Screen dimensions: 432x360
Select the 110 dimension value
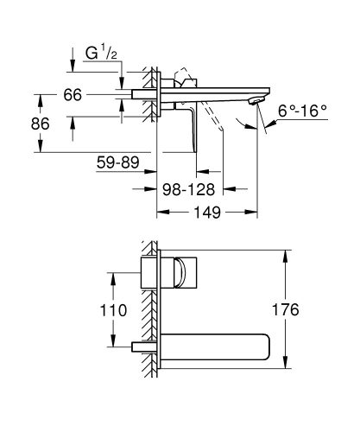pos(113,309)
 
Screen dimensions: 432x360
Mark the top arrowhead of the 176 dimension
pos(284,254)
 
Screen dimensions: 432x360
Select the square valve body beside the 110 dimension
pos(148,271)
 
